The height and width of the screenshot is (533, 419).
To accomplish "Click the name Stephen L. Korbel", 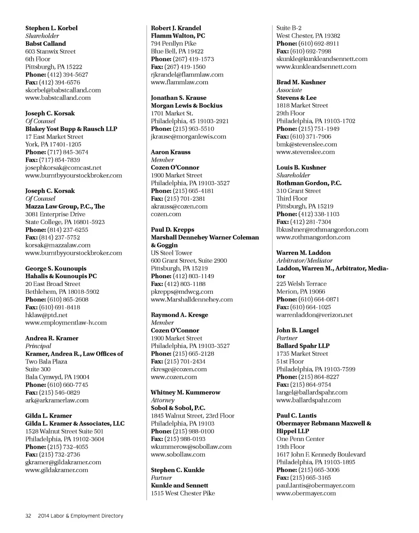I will (51, 28).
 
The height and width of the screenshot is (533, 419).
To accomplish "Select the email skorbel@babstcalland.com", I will (63, 90).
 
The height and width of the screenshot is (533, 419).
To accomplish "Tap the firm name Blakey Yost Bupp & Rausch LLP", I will (71, 129).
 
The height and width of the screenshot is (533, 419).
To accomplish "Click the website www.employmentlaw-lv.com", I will (66, 323).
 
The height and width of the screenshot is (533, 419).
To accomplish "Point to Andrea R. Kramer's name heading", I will (52, 338).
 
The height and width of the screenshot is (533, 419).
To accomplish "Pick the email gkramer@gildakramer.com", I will (63, 462).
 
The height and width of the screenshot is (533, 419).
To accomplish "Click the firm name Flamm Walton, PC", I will (178, 36).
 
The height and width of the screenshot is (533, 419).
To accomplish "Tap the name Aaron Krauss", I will (171, 152).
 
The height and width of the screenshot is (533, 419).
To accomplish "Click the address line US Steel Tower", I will (171, 253).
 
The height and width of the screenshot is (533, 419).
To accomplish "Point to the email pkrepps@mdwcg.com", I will (182, 292).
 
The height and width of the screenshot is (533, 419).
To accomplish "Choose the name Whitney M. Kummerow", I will (185, 392).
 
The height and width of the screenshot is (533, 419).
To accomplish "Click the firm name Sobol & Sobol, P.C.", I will (178, 408).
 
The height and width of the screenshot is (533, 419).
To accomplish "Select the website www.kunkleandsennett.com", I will (316, 67).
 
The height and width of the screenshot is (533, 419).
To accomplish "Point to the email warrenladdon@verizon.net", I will (314, 315).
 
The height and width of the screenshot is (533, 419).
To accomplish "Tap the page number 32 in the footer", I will (28, 516).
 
